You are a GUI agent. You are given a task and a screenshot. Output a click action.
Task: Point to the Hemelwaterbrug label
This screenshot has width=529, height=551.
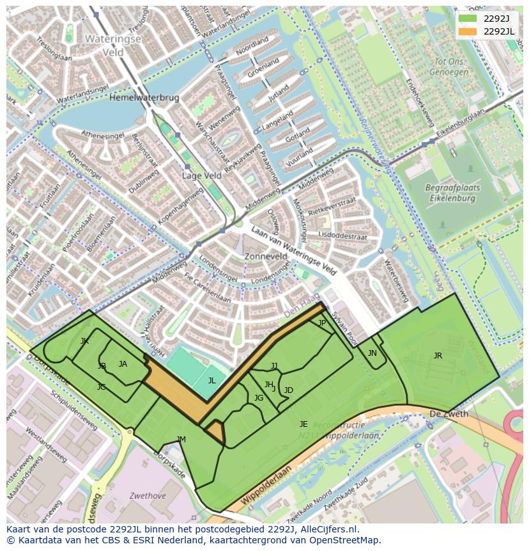click(x=144, y=98)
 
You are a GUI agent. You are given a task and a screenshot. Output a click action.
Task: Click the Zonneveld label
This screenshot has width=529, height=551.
click(x=266, y=256)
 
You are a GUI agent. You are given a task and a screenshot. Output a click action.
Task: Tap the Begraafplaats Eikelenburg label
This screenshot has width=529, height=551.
click(x=450, y=193)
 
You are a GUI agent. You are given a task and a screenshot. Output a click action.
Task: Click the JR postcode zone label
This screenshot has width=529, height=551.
click(x=438, y=356)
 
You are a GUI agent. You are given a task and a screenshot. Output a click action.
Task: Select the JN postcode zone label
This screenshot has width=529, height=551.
click(x=372, y=353)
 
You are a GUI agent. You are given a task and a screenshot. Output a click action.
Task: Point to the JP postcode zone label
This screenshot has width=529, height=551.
click(x=322, y=323)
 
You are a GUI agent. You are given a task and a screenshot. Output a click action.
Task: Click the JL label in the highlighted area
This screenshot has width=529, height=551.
click(x=212, y=380)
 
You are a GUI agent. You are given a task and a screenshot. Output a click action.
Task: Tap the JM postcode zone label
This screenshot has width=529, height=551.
click(x=181, y=439)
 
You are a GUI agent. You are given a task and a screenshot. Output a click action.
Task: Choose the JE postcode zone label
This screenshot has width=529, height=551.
click(x=303, y=424)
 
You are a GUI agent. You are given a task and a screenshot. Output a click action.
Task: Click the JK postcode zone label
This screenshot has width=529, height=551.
click(x=84, y=341)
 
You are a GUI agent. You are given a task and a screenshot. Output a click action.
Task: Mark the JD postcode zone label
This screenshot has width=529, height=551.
click(x=289, y=390)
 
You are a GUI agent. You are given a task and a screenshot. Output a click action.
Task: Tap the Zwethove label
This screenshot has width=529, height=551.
click(x=148, y=495)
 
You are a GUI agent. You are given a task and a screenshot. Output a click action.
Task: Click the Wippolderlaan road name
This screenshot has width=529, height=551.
click(x=266, y=486)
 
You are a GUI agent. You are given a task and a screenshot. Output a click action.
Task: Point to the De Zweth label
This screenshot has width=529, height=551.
click(x=449, y=414)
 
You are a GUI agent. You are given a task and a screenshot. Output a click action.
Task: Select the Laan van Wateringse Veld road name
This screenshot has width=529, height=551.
click(x=293, y=250)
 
